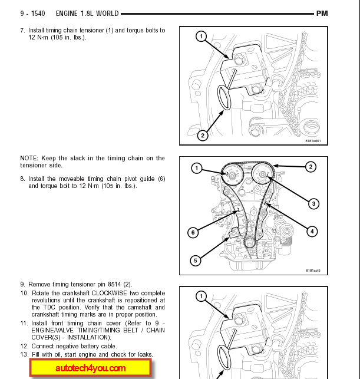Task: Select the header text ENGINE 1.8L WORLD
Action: pos(87,13)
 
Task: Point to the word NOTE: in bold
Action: pos(29,158)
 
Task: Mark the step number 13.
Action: pos(24,354)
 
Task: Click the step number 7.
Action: pos(22,30)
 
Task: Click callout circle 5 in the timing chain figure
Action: pos(196,260)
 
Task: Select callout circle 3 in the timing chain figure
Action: pos(313,204)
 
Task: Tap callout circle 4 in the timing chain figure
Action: pos(312,231)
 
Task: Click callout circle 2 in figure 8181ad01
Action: pos(202,136)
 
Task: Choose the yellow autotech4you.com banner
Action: pos(91,368)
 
